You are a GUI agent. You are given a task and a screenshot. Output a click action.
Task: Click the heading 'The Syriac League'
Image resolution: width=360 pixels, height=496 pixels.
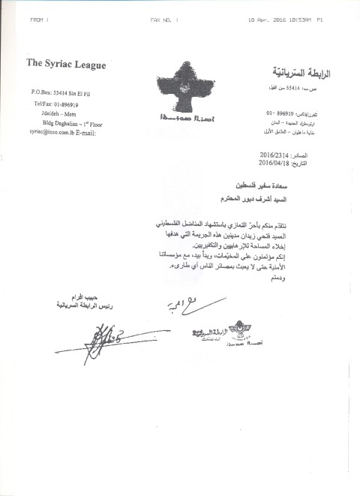point(65,65)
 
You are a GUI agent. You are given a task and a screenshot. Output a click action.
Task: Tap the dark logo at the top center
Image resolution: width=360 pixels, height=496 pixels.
point(181,86)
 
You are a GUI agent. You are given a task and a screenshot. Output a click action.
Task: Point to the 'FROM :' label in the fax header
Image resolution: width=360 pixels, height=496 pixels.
point(40,20)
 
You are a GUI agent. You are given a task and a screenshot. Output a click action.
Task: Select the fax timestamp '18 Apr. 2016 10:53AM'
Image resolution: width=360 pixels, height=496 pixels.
point(265,20)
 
